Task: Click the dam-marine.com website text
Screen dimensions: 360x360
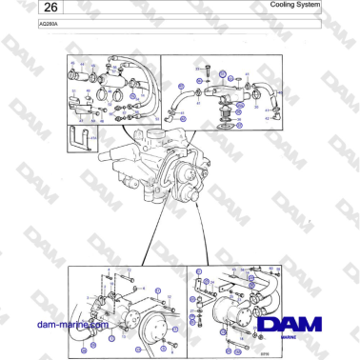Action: coord(69,325)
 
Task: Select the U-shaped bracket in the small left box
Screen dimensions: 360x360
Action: coord(84,139)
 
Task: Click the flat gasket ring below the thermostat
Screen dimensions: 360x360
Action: coord(227,122)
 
